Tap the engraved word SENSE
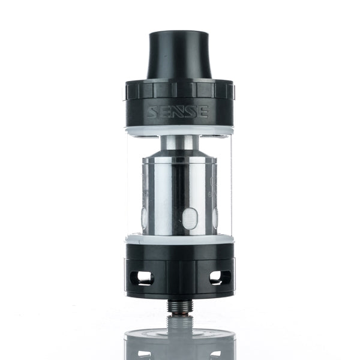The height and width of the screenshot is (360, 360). click(179, 112)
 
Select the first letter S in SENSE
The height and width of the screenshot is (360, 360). click(155, 112)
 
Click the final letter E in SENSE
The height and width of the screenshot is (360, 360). click(202, 112)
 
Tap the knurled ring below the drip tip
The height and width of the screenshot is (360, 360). click(180, 89)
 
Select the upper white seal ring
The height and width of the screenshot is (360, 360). click(180, 130)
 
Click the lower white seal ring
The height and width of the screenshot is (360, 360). click(180, 239)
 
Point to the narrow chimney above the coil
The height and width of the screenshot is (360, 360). click(180, 142)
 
